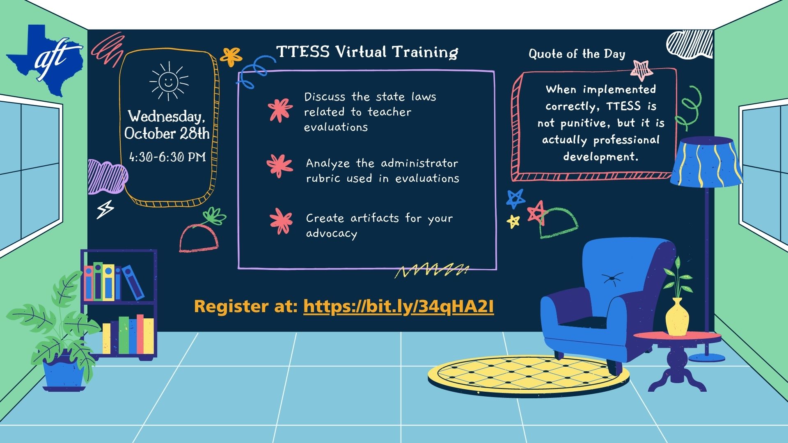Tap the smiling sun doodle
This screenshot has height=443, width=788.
coord(168,81)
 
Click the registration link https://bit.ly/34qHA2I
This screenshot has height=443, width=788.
coord(399,307)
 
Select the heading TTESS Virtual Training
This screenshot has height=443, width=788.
coord(367,52)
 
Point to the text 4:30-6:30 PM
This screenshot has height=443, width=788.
coord(167,157)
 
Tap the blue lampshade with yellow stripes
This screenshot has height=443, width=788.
coord(706,162)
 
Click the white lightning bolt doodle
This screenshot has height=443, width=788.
coord(105,210)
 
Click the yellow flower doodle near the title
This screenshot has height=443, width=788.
coord(231,57)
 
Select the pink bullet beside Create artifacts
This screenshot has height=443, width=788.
coord(281,221)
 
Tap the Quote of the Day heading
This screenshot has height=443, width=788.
coord(577,54)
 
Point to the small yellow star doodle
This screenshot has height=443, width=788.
coord(513,221)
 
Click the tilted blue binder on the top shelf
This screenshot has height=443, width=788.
coord(133,281)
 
